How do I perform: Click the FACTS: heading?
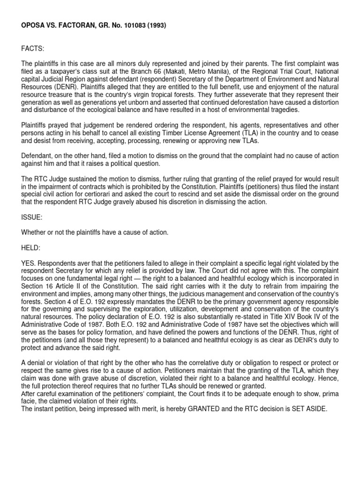pos(31,48)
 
